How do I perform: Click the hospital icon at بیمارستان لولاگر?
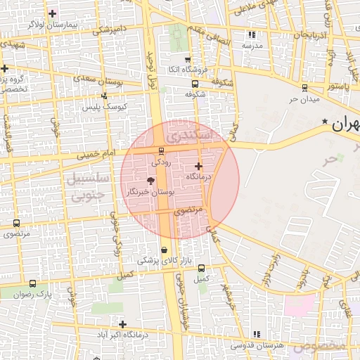click(x=53, y=13)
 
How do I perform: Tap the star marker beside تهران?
click(x=324, y=122)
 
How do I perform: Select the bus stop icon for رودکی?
click(x=162, y=151)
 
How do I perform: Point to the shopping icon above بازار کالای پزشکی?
click(x=165, y=250)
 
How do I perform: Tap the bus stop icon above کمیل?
click(x=202, y=268)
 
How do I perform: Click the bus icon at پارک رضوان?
click(x=33, y=283)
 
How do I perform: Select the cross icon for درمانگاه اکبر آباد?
click(x=123, y=324)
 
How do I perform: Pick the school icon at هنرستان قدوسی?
click(x=256, y=334)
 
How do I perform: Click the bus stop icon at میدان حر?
click(x=304, y=88)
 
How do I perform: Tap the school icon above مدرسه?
click(x=252, y=34)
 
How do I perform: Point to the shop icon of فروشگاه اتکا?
click(x=186, y=60)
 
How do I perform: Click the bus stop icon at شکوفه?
click(x=195, y=84)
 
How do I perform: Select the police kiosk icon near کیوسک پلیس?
click(x=104, y=96)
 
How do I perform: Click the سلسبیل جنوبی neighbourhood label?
click(x=89, y=186)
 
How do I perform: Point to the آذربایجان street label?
click(x=310, y=34)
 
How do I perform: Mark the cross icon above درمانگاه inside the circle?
click(x=199, y=167)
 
